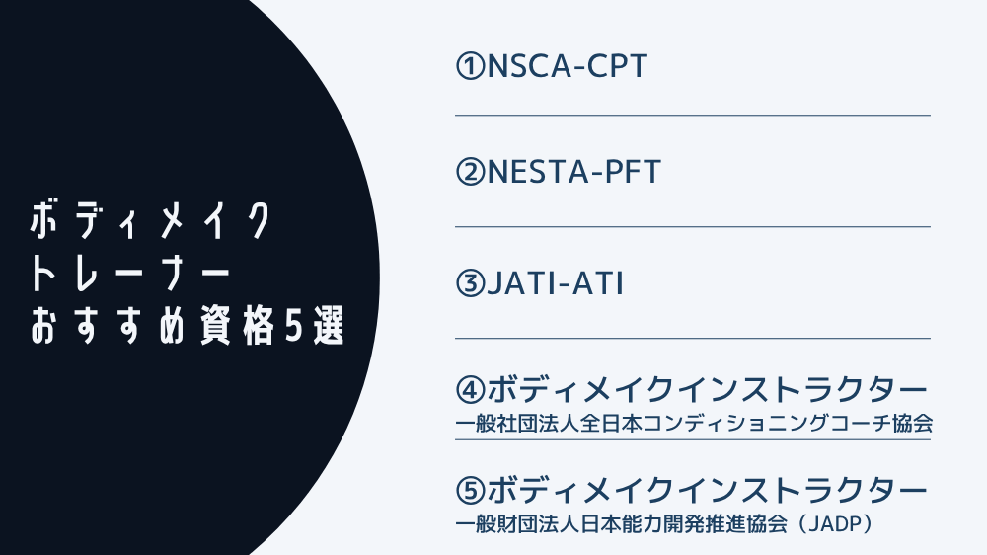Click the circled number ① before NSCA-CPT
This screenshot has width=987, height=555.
pos(471,66)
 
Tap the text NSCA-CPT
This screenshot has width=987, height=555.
pos(568,66)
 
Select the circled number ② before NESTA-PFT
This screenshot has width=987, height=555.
pos(471,172)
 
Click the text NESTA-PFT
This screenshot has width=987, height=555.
pos(574,172)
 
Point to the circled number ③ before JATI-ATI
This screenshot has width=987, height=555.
pos(471,283)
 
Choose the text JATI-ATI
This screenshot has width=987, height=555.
pos(555,283)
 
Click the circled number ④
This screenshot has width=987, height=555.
pos(471,390)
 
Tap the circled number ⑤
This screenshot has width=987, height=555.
pos(471,491)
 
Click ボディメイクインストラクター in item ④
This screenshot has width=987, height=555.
pos(707,390)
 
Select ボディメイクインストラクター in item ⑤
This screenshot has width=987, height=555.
pos(707,491)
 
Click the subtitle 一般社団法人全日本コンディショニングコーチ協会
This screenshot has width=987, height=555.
pos(694,424)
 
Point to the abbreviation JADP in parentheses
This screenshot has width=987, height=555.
pos(838,524)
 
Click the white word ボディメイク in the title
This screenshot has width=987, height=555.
pos(150,220)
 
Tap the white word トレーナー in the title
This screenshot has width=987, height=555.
pos(129,274)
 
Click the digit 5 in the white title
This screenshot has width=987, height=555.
pos(293,327)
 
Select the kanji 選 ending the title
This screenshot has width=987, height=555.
pos(329,327)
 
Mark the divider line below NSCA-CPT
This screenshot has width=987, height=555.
pos(693,116)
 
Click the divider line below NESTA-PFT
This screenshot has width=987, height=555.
pos(693,227)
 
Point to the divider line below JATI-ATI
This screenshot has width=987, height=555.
pos(693,339)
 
